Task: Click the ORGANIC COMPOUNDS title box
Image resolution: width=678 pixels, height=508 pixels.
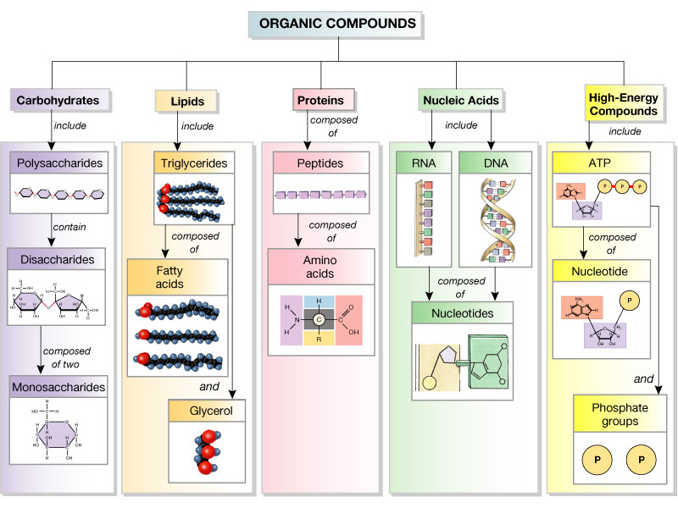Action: [338, 24]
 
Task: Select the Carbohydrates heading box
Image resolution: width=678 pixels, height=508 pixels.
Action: [58, 100]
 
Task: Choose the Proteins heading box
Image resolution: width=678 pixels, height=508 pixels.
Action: [320, 100]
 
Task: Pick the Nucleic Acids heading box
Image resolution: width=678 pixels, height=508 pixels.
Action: [460, 101]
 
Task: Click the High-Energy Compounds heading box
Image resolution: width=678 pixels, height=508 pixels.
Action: [624, 103]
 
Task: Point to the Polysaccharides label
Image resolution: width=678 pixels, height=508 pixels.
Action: [58, 162]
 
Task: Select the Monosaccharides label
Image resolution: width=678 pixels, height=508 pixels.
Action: [58, 388]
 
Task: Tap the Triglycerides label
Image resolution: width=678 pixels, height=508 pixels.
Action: [194, 162]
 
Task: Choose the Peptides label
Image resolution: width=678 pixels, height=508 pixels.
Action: [320, 162]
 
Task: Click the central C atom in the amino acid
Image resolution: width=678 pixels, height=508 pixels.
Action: [319, 319]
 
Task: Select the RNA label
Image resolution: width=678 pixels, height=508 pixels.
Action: [423, 162]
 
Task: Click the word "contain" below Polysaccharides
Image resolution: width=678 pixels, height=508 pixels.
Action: [69, 227]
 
